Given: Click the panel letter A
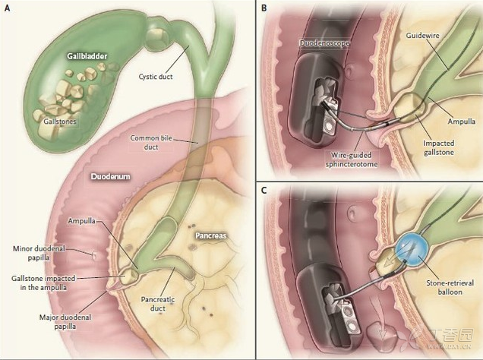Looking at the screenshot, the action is [7, 8].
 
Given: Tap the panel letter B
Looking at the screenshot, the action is [264, 8].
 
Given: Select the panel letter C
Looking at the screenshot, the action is [264, 191].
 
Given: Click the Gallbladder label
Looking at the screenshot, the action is [87, 56].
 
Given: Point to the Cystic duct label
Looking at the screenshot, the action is [156, 77].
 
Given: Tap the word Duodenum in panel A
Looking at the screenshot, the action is [110, 176].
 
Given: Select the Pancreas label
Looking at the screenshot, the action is [211, 235].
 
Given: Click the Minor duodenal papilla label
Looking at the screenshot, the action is [39, 253].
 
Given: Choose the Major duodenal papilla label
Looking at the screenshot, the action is [65, 321].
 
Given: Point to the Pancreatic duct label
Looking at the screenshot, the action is [158, 304].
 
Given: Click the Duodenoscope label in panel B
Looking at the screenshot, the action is [324, 43].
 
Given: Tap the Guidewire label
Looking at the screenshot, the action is [422, 36].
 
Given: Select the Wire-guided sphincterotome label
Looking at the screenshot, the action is [351, 159].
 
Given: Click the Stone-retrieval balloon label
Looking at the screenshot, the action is [450, 287].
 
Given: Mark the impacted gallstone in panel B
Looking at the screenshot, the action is [409, 109].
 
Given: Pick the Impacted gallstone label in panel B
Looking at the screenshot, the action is [439, 147].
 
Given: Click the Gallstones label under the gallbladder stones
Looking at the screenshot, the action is [59, 121].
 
